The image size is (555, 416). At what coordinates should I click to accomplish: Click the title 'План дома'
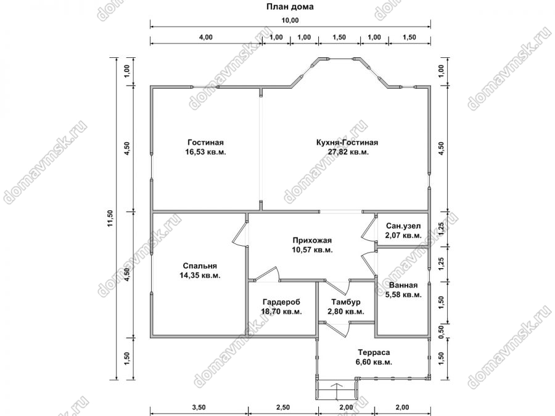pyautogui.click(x=290, y=7)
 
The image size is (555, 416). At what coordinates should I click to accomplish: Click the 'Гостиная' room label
pyautogui.click(x=205, y=142)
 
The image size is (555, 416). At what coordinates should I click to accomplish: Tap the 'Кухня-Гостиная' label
pyautogui.click(x=347, y=142)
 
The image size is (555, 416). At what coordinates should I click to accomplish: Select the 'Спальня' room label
pyautogui.click(x=200, y=266)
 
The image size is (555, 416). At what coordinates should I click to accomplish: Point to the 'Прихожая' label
pyautogui.click(x=312, y=240)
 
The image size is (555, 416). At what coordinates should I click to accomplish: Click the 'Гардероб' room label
pyautogui.click(x=281, y=302)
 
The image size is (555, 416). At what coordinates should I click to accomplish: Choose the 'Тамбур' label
pyautogui.click(x=346, y=302)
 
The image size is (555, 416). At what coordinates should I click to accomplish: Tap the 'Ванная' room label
pyautogui.click(x=403, y=285)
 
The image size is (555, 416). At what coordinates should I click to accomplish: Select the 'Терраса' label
pyautogui.click(x=374, y=353)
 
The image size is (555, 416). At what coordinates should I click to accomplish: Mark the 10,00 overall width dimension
pyautogui.click(x=290, y=20)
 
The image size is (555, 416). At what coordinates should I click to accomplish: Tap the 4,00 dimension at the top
pyautogui.click(x=206, y=37)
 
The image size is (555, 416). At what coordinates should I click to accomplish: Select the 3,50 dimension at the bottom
pyautogui.click(x=199, y=407)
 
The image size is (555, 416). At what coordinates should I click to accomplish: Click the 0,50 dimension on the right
pyautogui.click(x=441, y=330)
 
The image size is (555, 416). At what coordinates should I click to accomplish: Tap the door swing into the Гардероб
pyautogui.click(x=266, y=274)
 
